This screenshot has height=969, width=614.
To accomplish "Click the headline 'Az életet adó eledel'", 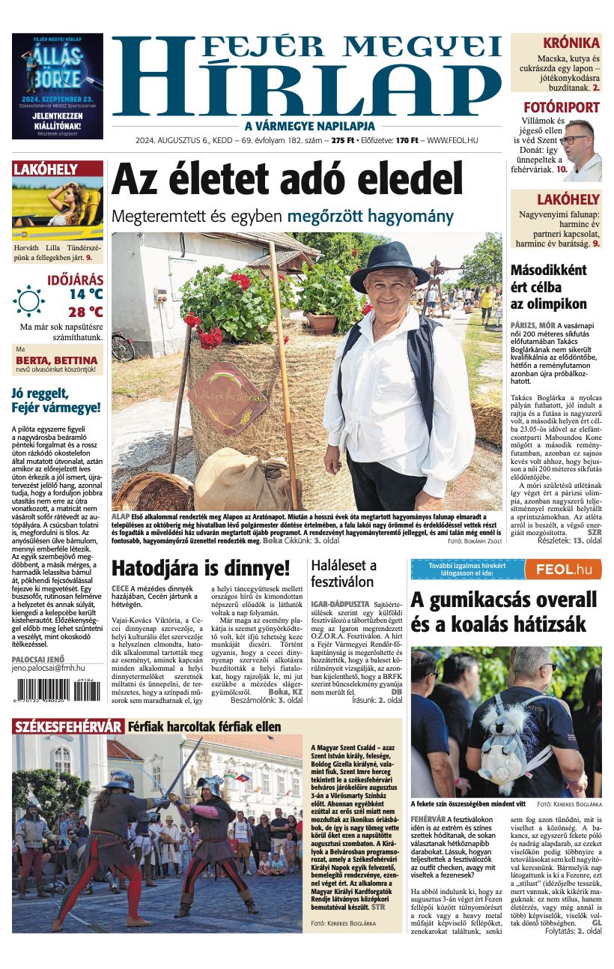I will (288, 180).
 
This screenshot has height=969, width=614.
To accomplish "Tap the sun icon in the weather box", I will (29, 301).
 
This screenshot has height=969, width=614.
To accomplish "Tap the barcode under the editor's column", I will (55, 689).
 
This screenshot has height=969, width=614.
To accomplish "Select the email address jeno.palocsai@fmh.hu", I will (49, 668).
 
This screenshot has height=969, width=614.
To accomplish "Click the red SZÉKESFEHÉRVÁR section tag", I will (68, 726).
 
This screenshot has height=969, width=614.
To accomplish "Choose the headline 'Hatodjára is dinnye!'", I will (200, 567).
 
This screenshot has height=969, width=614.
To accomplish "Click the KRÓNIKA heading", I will (571, 43).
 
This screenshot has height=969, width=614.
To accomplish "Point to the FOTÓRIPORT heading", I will (562, 107).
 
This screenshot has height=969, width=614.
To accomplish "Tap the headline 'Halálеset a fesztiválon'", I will (344, 573).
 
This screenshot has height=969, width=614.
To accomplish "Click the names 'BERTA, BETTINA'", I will (57, 360).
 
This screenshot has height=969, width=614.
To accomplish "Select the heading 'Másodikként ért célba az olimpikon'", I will (548, 287).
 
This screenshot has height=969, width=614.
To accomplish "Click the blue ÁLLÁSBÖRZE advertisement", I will (58, 86).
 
